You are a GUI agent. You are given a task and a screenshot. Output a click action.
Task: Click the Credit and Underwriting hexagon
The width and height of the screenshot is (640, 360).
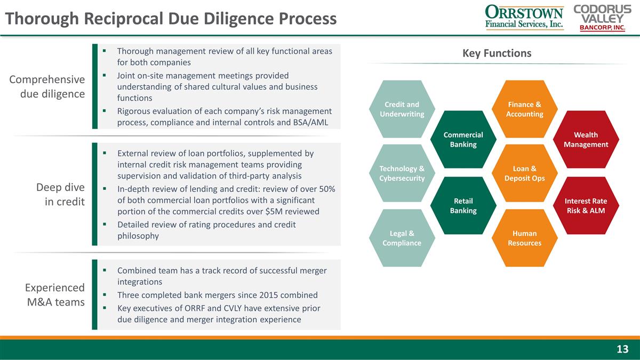402,109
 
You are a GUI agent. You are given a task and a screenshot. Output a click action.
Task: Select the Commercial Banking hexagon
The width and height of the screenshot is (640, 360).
463,139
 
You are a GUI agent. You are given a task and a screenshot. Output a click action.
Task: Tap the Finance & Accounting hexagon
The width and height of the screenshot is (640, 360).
525,109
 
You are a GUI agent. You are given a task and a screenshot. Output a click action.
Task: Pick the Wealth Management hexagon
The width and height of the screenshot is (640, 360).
586,139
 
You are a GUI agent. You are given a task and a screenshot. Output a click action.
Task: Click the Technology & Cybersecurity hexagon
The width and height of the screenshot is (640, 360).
402,173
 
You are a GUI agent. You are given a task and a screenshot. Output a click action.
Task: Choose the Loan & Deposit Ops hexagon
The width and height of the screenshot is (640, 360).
525,173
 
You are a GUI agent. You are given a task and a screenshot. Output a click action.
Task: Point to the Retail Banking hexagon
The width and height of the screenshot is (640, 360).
463,205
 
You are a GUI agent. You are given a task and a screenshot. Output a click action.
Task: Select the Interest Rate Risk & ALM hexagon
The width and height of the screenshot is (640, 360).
586,205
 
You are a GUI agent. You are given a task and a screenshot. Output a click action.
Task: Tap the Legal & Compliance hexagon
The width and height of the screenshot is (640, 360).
402,238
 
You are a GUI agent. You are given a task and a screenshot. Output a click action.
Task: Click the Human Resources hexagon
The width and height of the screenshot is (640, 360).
525,238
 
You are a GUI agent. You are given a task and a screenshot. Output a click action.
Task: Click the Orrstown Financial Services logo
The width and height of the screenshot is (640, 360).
523,17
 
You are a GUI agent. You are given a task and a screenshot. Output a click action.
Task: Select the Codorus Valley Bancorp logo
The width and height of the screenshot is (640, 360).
599,17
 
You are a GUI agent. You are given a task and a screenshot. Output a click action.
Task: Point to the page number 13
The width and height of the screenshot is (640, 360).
622,349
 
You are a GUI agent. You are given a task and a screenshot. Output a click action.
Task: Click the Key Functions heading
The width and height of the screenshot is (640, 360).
497,53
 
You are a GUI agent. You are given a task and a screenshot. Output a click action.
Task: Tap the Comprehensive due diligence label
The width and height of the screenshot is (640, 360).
47,86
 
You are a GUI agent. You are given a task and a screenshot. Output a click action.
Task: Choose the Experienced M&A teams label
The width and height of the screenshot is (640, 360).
55,294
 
